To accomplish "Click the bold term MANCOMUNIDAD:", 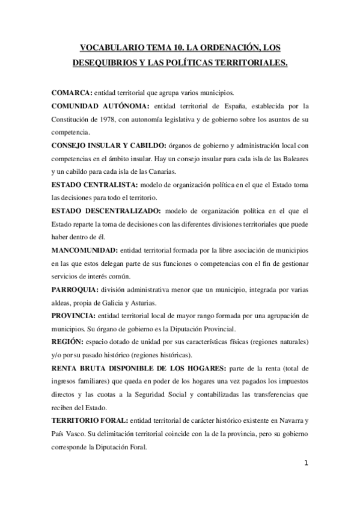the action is pos(85,250).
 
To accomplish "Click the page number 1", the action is pos(307,463).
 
